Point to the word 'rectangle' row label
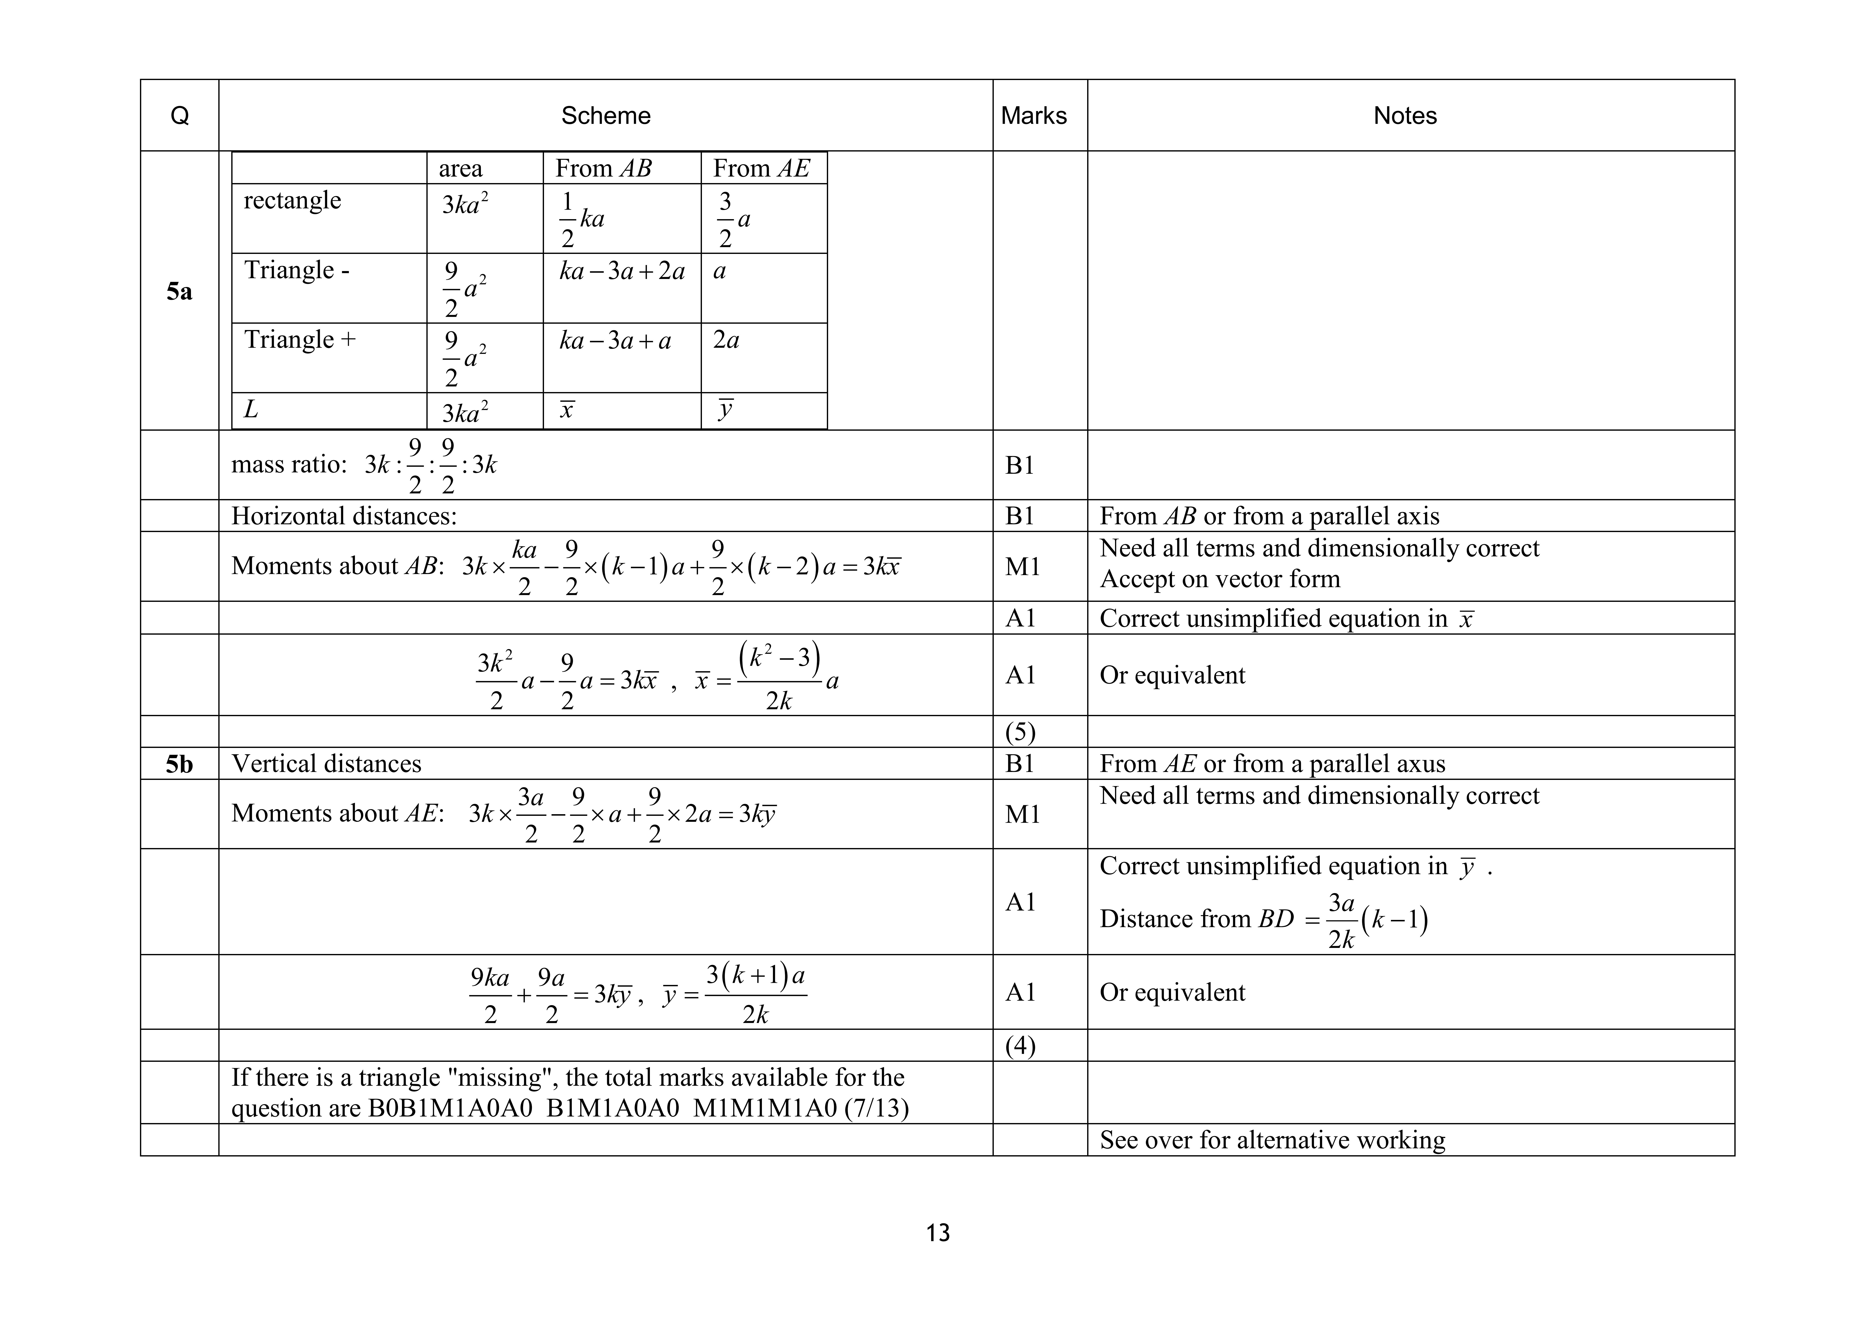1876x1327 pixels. tap(292, 200)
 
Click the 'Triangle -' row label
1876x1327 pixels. tap(297, 270)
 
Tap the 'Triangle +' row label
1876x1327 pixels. tap(300, 339)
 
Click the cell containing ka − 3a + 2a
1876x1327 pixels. tap(622, 270)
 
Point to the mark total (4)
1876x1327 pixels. tap(1020, 1046)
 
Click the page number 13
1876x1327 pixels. tap(937, 1232)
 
